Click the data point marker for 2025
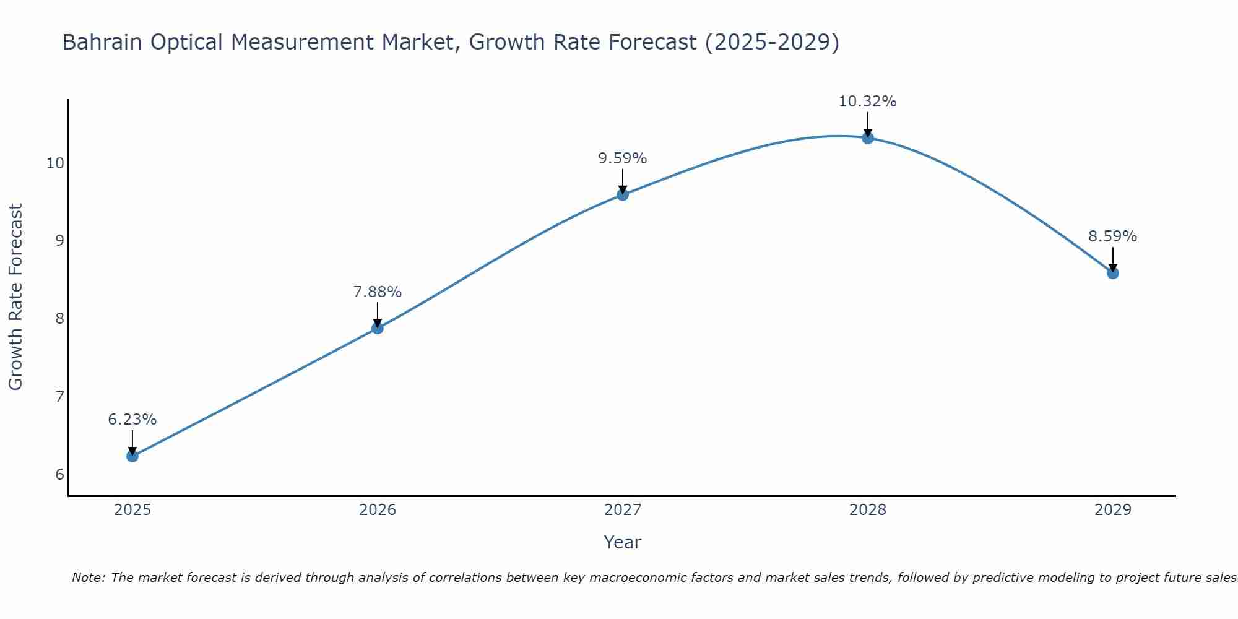click(132, 456)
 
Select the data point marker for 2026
click(377, 328)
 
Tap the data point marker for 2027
click(622, 195)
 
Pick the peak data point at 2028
click(867, 138)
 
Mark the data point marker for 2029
click(1112, 273)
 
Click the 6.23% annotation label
click(132, 420)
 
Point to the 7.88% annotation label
click(377, 292)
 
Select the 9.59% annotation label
click(622, 158)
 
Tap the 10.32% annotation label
click(867, 102)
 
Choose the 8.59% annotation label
click(1112, 236)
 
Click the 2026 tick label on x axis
click(377, 510)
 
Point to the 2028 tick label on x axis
click(867, 510)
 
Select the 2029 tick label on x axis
click(1112, 510)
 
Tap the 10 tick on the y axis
click(55, 163)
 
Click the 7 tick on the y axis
click(59, 396)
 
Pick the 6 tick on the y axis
click(59, 475)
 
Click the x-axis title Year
click(622, 542)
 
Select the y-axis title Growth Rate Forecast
click(15, 297)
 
